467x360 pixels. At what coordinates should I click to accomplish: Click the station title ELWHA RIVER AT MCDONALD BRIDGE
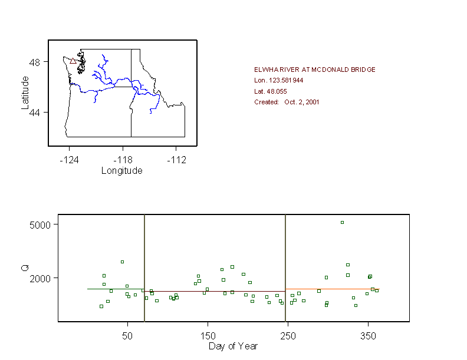coord(314,70)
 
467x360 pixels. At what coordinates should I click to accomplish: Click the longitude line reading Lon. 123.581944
coord(278,80)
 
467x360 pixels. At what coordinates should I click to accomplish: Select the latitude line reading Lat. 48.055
coord(270,91)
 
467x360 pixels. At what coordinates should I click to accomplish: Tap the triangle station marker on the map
coord(73,61)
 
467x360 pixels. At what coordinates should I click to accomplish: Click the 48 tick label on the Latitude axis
coord(35,62)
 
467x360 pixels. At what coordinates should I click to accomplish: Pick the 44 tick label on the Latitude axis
coord(35,112)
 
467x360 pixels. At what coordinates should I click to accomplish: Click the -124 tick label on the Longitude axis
coord(68,160)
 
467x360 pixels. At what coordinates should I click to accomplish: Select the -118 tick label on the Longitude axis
coord(123,160)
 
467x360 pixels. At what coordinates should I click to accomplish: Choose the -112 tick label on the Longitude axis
coord(176,160)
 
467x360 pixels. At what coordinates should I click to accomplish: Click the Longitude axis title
coord(122,171)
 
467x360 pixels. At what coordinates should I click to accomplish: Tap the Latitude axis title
coord(25,92)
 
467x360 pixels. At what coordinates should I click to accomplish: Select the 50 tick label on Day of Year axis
coord(127,335)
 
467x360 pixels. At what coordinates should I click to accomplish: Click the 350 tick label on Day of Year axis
coord(368,335)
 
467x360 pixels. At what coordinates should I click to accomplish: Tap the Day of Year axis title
coord(233,346)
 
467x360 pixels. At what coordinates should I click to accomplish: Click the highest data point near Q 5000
coord(342,222)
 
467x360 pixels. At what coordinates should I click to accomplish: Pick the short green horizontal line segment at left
coord(115,289)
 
